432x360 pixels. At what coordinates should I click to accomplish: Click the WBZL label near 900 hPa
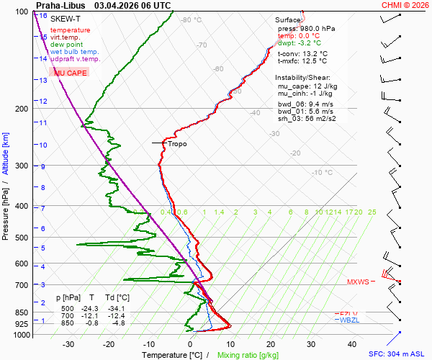tap(349, 320)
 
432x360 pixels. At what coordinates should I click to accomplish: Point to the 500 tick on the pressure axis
tap(21, 238)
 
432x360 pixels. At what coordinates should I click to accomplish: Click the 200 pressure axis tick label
tap(21, 109)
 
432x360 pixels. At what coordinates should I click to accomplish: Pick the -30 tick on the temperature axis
tap(68, 344)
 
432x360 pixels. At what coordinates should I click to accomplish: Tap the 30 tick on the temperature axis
tap(310, 344)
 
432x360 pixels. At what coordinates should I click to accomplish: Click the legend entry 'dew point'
tap(66, 45)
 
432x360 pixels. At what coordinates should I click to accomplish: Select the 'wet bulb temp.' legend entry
tap(74, 52)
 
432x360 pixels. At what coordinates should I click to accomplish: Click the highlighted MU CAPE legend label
tap(71, 73)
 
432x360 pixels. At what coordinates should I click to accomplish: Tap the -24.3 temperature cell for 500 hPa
tap(91, 308)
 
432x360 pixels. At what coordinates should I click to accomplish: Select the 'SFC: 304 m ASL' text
tap(398, 354)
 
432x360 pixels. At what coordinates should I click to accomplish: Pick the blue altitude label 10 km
tap(43, 145)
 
